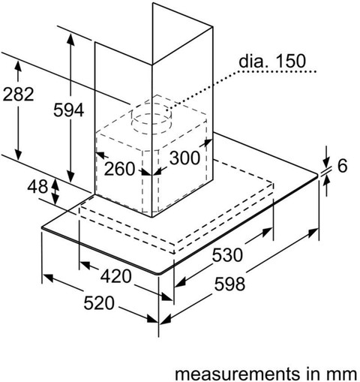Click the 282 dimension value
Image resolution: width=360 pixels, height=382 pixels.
pos(18,95)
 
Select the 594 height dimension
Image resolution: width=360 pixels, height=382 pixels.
pos(69,110)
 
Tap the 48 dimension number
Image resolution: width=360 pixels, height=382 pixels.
pos(37,187)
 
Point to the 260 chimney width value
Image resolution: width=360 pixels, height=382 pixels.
pos(119,169)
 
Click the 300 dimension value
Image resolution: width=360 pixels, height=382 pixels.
pos(184,158)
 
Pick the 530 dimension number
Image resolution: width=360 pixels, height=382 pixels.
pos(227,255)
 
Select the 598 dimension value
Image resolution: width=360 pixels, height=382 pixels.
pos(229,284)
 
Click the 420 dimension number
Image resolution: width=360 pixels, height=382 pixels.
pos(116,276)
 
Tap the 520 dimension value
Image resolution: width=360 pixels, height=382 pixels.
pos(99,303)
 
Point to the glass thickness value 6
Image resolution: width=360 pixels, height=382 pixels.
pos(343,166)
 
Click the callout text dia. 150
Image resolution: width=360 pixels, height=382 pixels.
pos(272,61)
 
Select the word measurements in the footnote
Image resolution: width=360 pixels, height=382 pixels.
pos(237,374)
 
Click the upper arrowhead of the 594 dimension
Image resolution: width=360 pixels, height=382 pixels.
pos(70,39)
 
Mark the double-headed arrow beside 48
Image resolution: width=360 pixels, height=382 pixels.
pos(55,191)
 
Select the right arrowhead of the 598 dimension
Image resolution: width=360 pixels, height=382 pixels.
pos(313,232)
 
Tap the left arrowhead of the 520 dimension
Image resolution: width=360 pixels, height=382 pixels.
pos(48,277)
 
